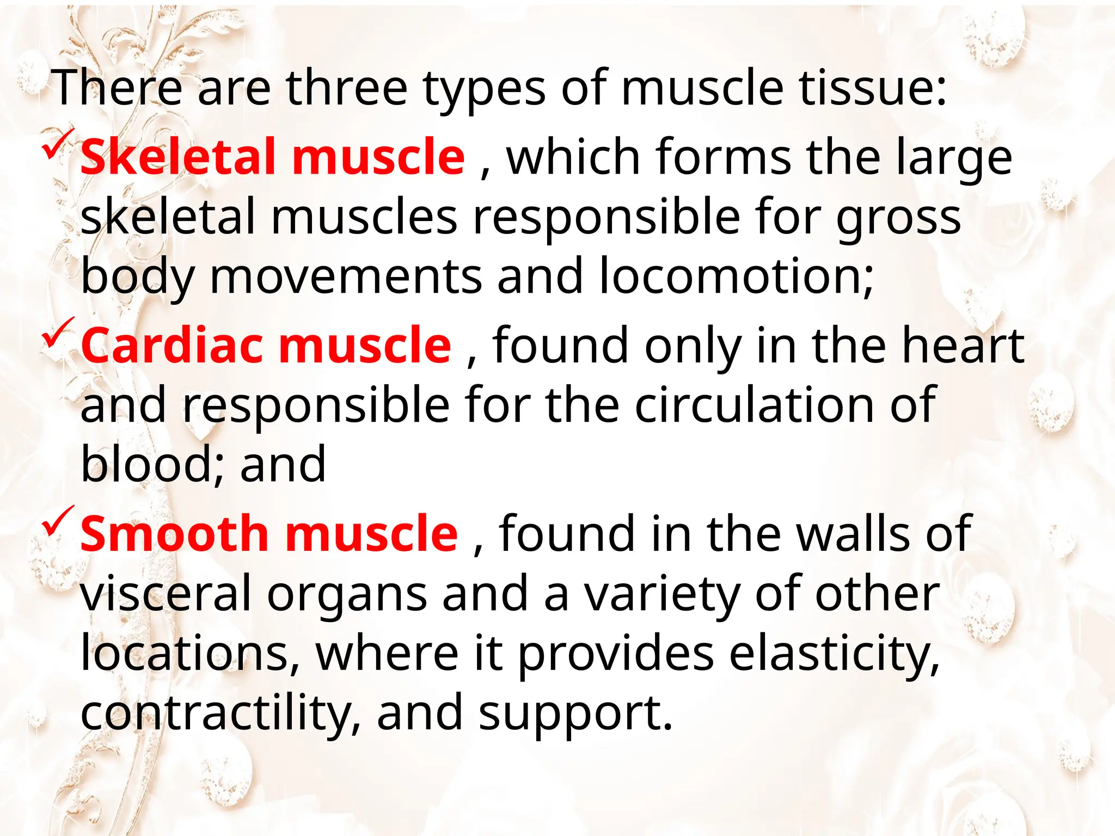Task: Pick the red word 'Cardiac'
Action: point(172,346)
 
